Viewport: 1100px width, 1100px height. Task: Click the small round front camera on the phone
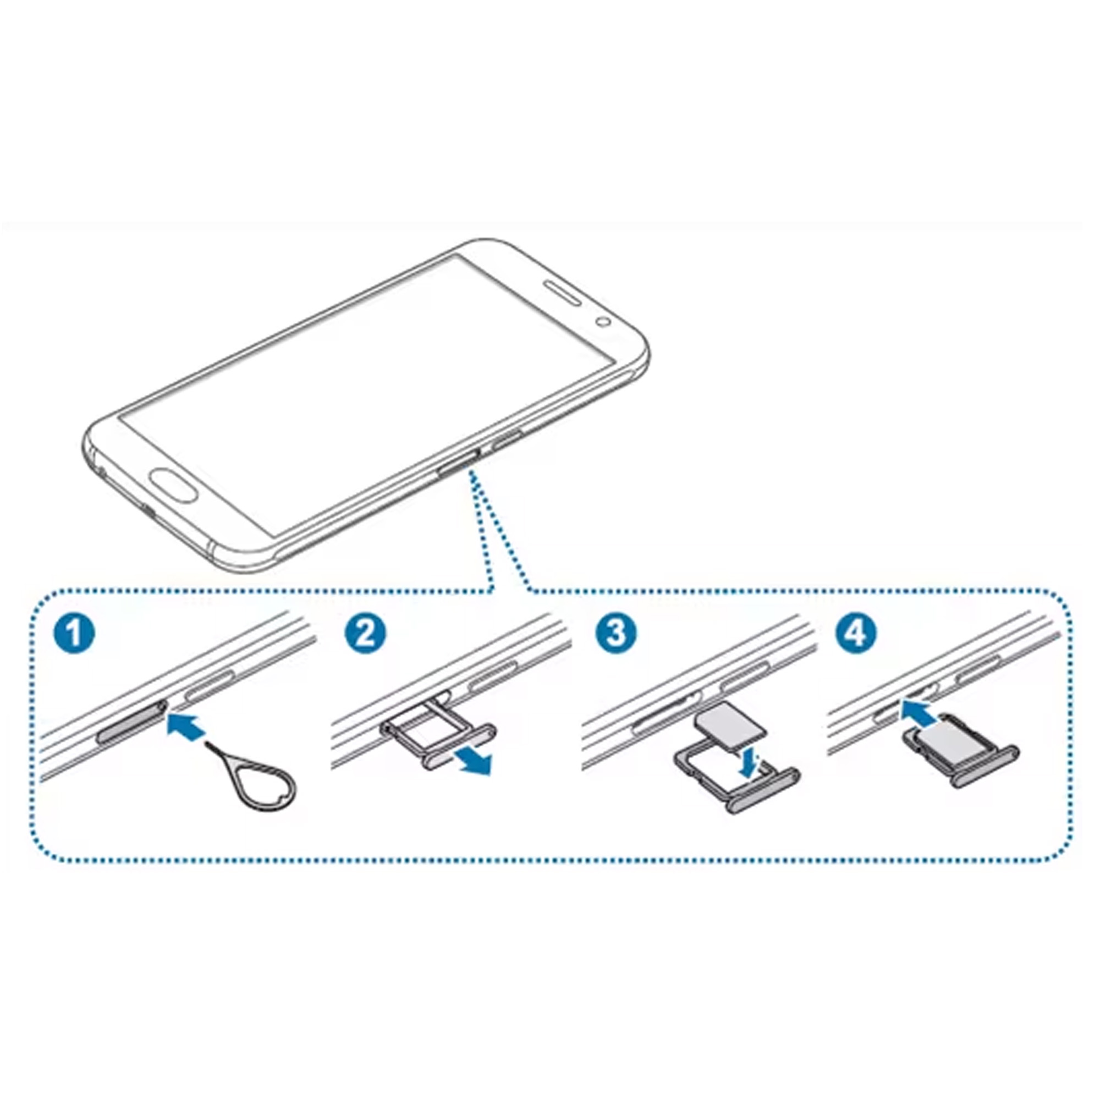click(x=603, y=322)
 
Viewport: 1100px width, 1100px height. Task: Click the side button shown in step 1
click(x=209, y=686)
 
